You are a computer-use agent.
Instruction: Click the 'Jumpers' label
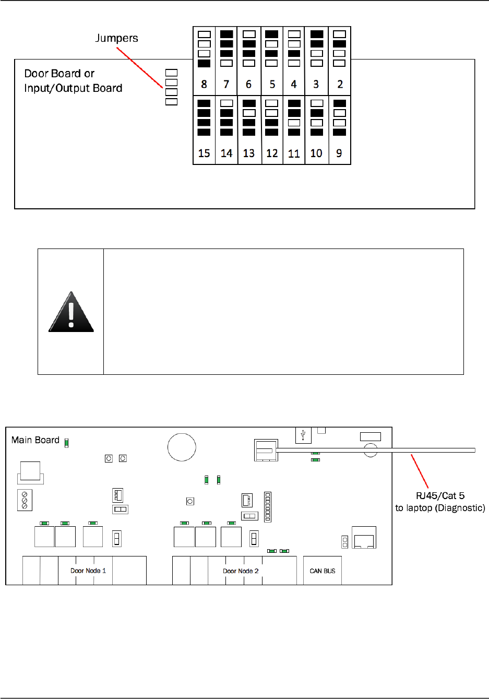click(116, 38)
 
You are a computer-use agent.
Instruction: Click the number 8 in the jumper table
click(204, 84)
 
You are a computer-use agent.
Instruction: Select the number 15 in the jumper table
click(204, 153)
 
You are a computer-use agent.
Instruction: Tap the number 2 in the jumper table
click(340, 84)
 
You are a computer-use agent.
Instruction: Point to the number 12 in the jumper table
click(272, 153)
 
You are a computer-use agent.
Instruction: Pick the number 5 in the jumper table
click(272, 84)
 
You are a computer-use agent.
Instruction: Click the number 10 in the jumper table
click(316, 153)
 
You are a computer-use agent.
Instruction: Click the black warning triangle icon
click(71, 312)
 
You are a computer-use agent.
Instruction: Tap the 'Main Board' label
click(35, 440)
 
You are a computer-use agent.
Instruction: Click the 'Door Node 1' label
click(88, 571)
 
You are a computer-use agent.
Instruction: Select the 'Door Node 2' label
click(241, 571)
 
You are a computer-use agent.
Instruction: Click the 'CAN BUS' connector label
click(323, 571)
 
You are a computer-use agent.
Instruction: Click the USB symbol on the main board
click(303, 435)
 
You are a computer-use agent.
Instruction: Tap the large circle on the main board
click(182, 447)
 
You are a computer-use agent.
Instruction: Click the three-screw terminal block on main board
click(25, 500)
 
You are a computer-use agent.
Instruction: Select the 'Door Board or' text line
click(59, 74)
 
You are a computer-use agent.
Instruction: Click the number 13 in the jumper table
click(249, 153)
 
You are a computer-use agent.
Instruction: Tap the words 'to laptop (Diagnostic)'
click(440, 508)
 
